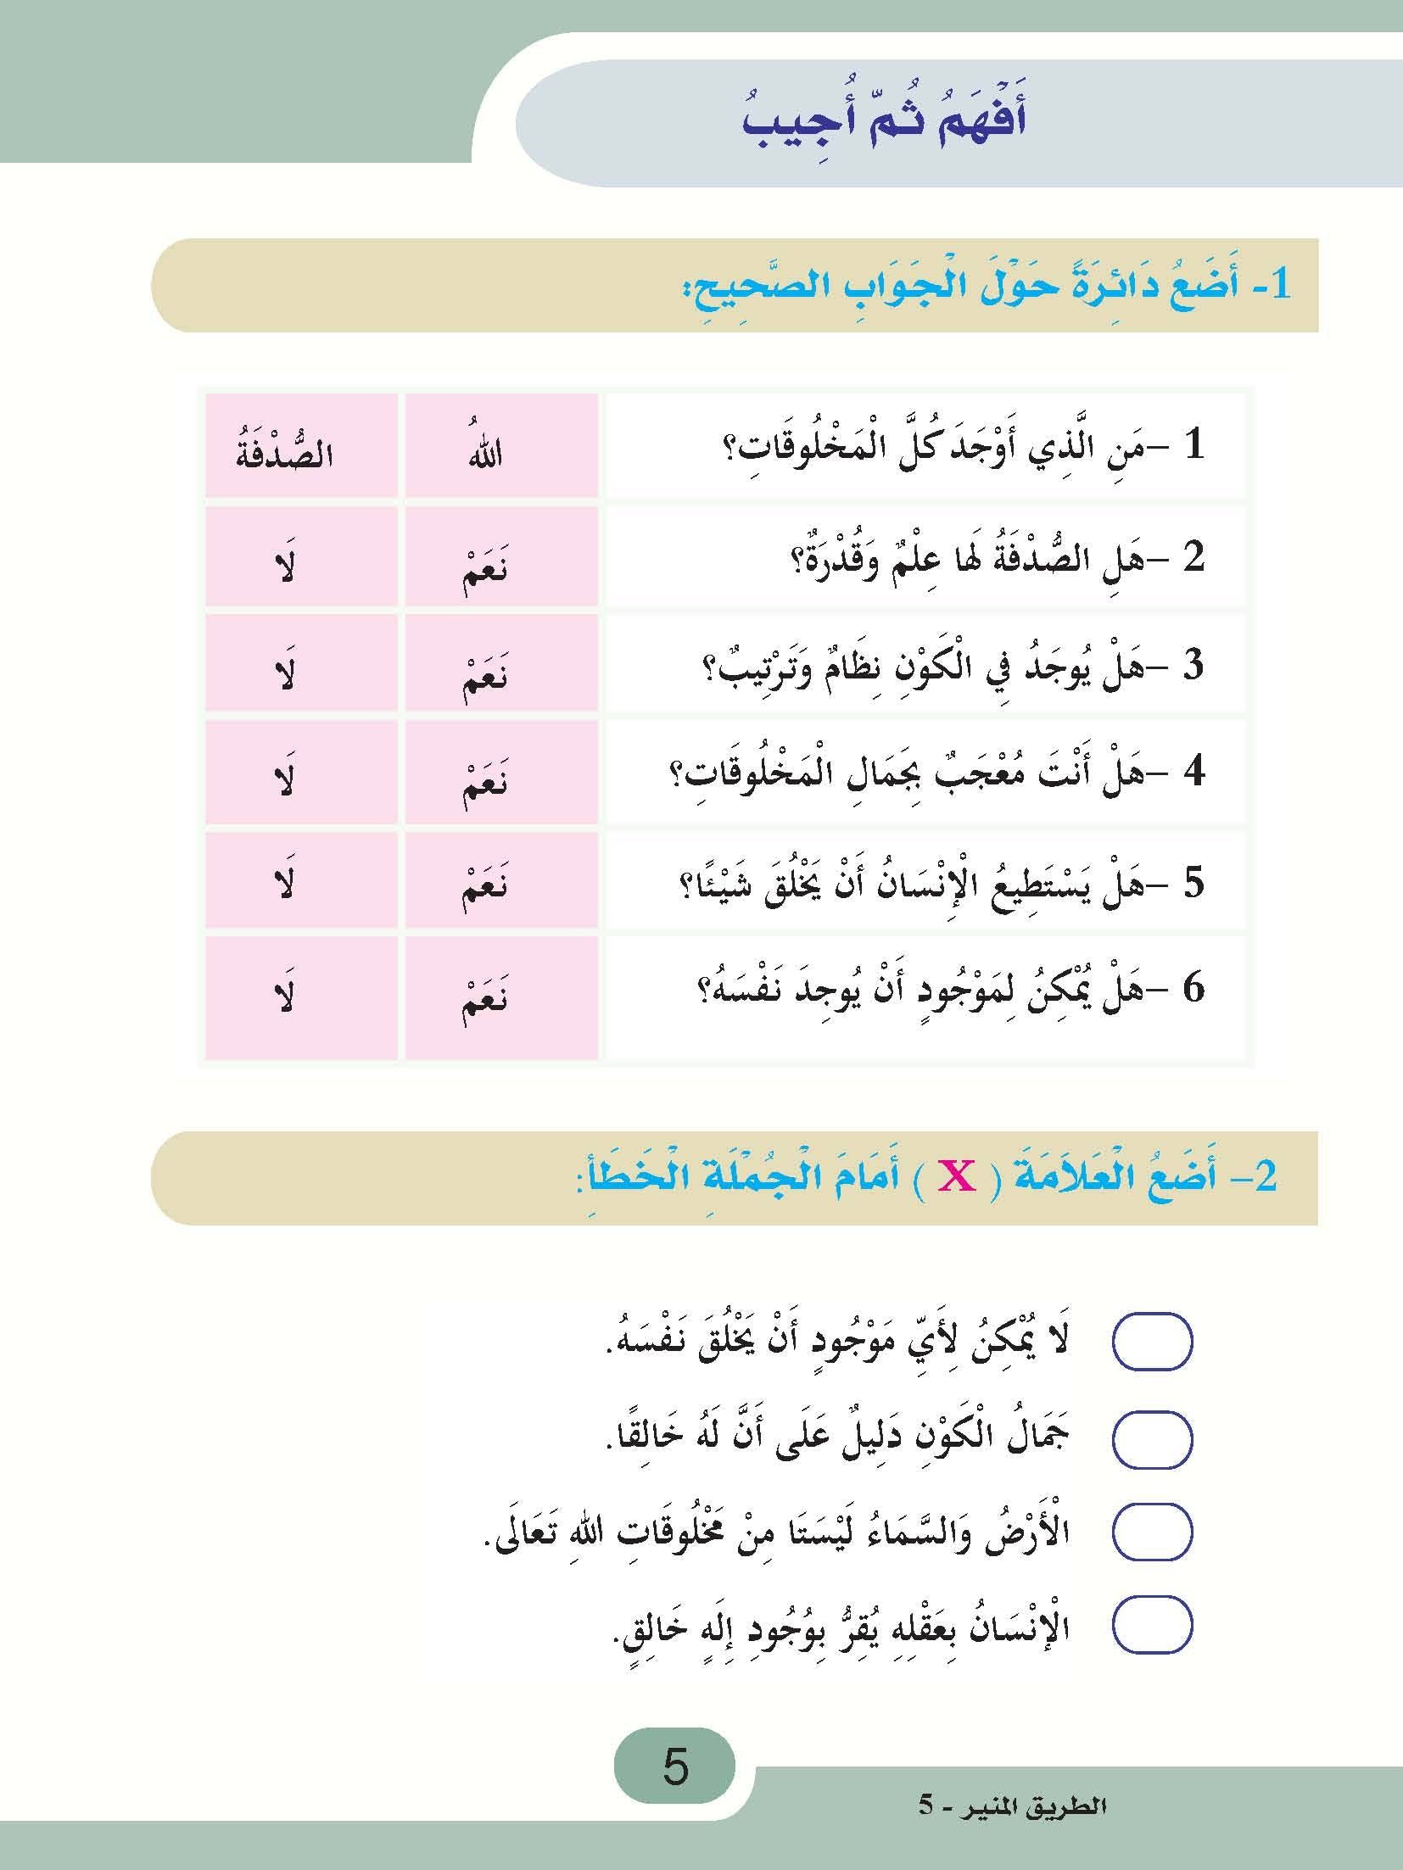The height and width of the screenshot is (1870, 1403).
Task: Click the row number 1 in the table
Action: pyautogui.click(x=1194, y=448)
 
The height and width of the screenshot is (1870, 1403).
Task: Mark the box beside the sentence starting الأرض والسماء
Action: pyautogui.click(x=1152, y=1533)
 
